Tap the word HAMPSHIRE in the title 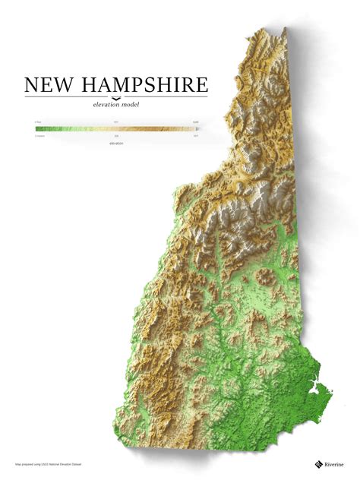tap(144, 84)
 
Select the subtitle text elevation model tap(115, 105)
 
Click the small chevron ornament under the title tap(115, 97)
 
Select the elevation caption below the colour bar tap(116, 143)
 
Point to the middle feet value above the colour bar tap(116, 122)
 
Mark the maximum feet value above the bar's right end tap(195, 122)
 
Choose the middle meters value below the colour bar tap(116, 137)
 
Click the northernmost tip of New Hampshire tap(283, 30)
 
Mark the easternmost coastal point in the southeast tap(332, 391)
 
